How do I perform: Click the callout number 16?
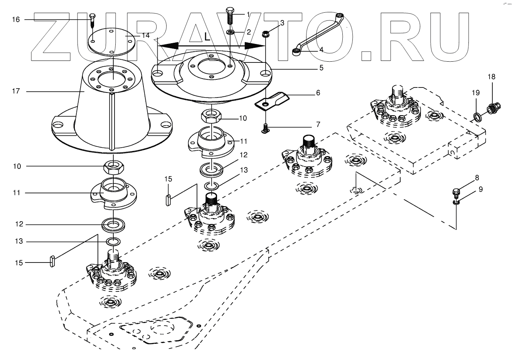(x=16, y=19)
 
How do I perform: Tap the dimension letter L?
(x=207, y=37)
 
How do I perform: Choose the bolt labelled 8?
(x=455, y=192)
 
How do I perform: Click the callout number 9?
(x=480, y=189)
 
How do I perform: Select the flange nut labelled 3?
(x=266, y=34)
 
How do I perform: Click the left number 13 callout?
(x=19, y=241)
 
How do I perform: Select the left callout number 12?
(x=19, y=224)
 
